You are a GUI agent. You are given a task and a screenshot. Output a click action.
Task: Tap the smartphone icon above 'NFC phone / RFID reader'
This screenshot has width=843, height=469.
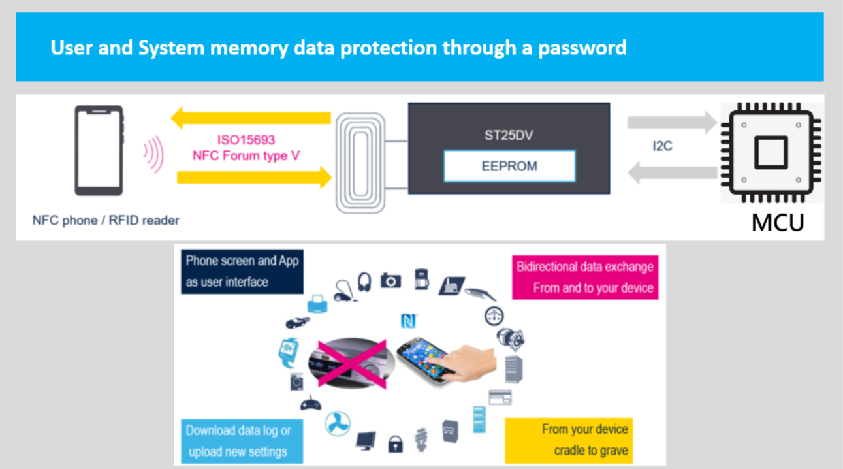(x=99, y=151)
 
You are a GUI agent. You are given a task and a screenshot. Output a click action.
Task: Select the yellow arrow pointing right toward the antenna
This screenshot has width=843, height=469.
(x=254, y=176)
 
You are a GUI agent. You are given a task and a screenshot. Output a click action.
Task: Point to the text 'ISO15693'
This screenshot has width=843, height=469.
(x=246, y=140)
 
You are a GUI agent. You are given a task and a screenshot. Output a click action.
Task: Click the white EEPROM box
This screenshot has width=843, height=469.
(x=509, y=166)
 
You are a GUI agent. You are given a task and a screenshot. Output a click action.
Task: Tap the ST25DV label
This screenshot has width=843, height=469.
(x=509, y=137)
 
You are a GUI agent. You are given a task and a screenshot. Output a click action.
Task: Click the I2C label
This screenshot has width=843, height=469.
(x=662, y=146)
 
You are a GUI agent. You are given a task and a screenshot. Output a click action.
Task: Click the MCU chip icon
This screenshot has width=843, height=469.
(x=771, y=154)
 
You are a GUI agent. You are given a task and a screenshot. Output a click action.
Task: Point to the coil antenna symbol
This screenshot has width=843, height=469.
(x=360, y=163)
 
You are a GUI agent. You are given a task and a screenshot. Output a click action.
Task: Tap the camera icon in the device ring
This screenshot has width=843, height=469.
(x=390, y=280)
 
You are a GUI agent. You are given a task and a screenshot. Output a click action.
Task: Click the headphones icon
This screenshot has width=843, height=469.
(x=364, y=282)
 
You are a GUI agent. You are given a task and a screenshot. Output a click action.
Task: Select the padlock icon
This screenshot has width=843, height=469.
(x=395, y=444)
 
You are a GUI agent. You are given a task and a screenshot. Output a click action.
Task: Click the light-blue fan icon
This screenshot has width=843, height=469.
(x=337, y=423)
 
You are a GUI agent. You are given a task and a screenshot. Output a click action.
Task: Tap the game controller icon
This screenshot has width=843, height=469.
(x=310, y=404)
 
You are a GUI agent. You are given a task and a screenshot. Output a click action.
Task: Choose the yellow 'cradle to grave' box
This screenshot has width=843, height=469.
(x=568, y=440)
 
